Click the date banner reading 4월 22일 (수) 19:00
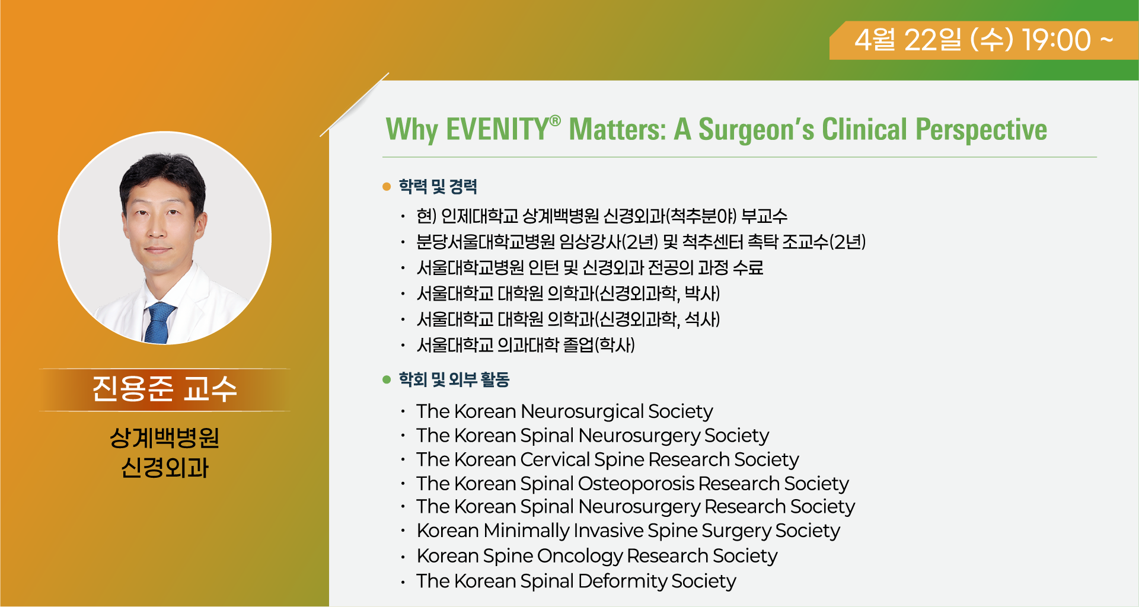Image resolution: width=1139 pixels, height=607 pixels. point(984,40)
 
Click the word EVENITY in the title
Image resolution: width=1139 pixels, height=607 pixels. point(497,129)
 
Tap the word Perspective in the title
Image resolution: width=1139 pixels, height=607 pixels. point(981,130)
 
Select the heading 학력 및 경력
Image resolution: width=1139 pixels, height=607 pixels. point(438,187)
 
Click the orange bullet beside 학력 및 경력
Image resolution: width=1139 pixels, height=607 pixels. point(387,187)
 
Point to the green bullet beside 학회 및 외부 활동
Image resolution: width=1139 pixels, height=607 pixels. point(387,379)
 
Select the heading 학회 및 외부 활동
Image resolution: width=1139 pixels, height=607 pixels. point(454,379)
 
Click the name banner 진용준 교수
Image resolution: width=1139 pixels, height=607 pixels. point(165,389)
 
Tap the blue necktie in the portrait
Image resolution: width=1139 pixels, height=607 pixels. point(158,323)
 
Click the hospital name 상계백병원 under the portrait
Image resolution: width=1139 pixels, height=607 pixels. point(165,438)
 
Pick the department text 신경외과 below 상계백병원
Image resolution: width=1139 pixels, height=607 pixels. point(165,468)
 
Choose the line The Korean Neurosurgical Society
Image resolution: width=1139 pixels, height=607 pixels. point(564,411)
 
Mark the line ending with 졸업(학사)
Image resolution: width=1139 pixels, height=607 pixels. point(525,345)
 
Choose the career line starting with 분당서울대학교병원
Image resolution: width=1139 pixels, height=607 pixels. point(641,242)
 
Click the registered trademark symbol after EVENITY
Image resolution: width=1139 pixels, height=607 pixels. point(555,121)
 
